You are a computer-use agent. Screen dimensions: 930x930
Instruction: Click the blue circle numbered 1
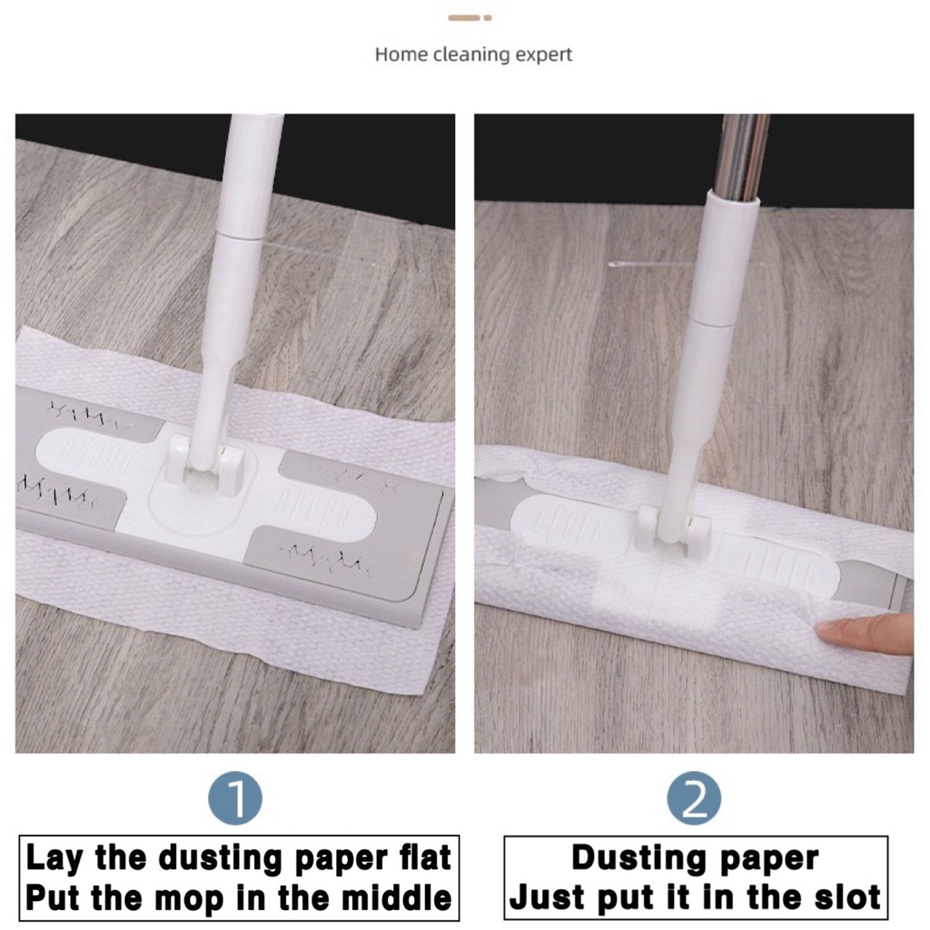235,798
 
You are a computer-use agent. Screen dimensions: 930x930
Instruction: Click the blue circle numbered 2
694,798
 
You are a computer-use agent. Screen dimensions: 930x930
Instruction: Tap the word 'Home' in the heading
401,54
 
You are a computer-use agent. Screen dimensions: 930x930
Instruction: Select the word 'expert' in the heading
543,55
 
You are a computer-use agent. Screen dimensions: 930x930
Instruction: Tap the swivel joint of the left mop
205,462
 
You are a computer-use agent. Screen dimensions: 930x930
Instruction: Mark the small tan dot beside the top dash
488,18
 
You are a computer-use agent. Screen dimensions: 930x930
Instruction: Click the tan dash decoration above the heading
464,18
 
